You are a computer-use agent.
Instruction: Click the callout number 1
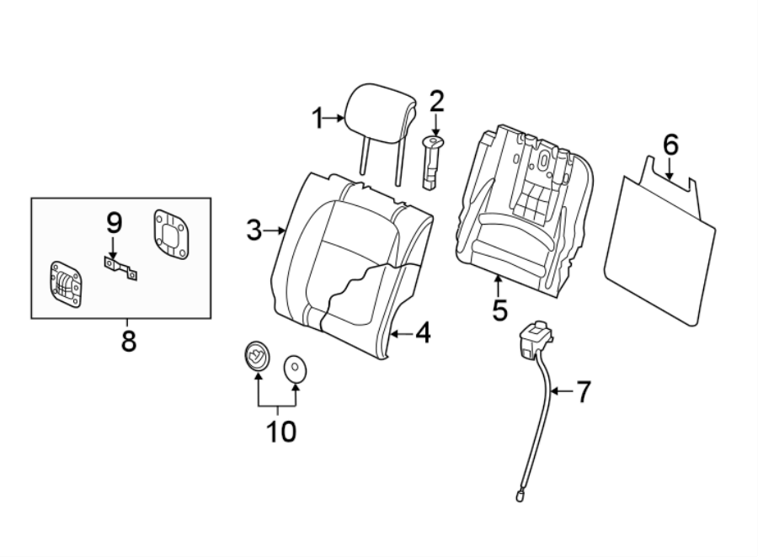pos(318,119)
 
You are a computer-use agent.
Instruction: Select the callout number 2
pos(436,102)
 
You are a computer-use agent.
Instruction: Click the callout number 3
pos(254,230)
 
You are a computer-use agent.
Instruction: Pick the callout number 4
pos(422,333)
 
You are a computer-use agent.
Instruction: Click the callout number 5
pos(499,310)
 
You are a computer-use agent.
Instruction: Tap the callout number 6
pos(670,145)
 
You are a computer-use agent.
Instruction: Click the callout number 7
pos(583,391)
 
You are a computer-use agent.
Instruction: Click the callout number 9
pos(114,223)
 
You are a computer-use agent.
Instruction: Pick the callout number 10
pos(281,432)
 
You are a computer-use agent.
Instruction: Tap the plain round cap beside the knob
pos(295,367)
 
